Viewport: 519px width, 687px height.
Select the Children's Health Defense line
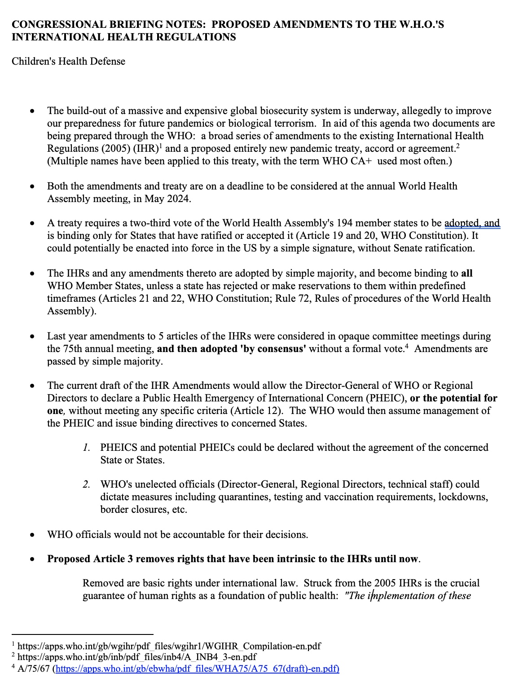(x=68, y=61)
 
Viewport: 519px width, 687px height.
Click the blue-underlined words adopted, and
(x=472, y=223)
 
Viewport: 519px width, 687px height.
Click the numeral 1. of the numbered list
(x=87, y=447)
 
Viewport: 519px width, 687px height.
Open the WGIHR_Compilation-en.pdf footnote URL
(x=169, y=646)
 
